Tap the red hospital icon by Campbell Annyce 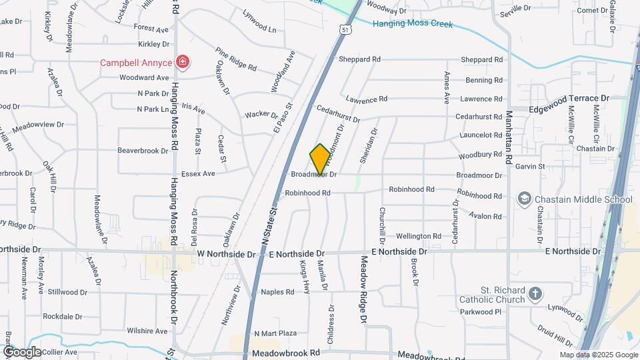pos(182,63)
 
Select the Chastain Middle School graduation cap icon pos(525,199)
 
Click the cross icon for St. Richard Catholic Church pos(535,294)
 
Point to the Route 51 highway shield pos(344,29)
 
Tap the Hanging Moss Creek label pos(412,24)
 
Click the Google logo pos(22,351)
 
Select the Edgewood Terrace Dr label pos(569,98)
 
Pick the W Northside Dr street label pos(227,254)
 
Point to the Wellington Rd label pos(419,236)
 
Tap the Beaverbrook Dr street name pos(143,151)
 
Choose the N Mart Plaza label pos(275,333)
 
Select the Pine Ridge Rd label pos(235,59)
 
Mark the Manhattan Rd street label pos(508,137)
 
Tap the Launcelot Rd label pos(480,135)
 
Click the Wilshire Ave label pos(147,331)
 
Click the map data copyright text pos(597,355)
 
